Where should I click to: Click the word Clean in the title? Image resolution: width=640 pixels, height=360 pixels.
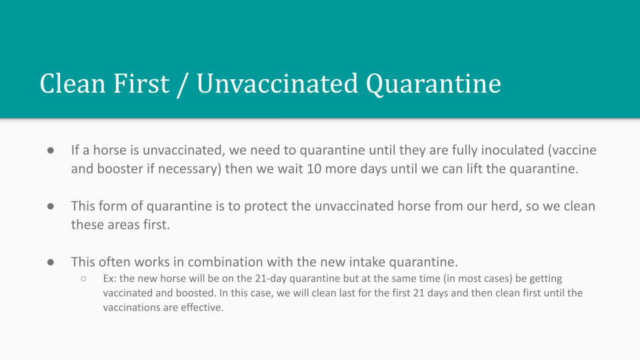coord(73,84)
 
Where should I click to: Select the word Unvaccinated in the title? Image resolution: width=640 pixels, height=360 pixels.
coord(277,84)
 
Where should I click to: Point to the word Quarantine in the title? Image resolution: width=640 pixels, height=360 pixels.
coord(433,85)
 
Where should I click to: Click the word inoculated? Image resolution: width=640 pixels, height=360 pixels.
coord(512,150)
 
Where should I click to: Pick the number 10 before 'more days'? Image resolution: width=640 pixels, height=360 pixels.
coord(314,169)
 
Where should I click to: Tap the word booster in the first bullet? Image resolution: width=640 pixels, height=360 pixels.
coord(120,169)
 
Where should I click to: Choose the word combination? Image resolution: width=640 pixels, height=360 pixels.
coord(224,261)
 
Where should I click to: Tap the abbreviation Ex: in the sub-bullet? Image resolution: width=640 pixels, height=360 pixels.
coord(110,279)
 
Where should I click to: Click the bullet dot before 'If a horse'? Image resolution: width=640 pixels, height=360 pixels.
coord(51,151)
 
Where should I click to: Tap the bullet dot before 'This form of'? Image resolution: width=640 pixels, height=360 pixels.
coord(51,207)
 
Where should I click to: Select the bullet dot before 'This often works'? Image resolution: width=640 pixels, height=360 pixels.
coord(51,263)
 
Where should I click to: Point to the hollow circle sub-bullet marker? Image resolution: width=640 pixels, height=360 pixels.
coord(84,279)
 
